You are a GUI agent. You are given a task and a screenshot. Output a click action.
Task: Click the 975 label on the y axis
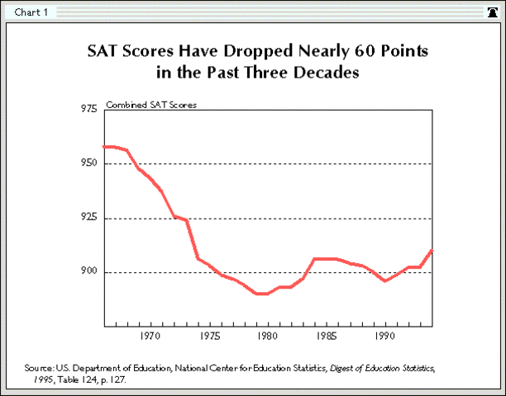click(x=88, y=109)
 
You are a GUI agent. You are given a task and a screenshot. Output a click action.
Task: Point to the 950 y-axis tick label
click(x=88, y=163)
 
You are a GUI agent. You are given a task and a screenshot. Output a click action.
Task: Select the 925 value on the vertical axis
click(x=88, y=218)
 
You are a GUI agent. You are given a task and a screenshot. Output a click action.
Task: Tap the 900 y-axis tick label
click(x=88, y=272)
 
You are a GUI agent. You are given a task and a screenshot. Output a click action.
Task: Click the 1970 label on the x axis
click(x=150, y=336)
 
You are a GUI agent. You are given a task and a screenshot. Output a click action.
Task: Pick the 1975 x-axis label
click(x=208, y=336)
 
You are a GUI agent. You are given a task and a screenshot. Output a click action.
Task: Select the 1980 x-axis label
click(x=267, y=336)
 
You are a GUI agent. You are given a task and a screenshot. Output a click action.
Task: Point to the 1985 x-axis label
click(x=326, y=336)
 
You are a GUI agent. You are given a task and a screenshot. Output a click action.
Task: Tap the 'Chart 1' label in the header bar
click(x=31, y=12)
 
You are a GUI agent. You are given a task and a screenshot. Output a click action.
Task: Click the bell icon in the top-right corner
click(x=493, y=12)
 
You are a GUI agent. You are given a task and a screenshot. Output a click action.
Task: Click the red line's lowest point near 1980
click(x=261, y=294)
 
